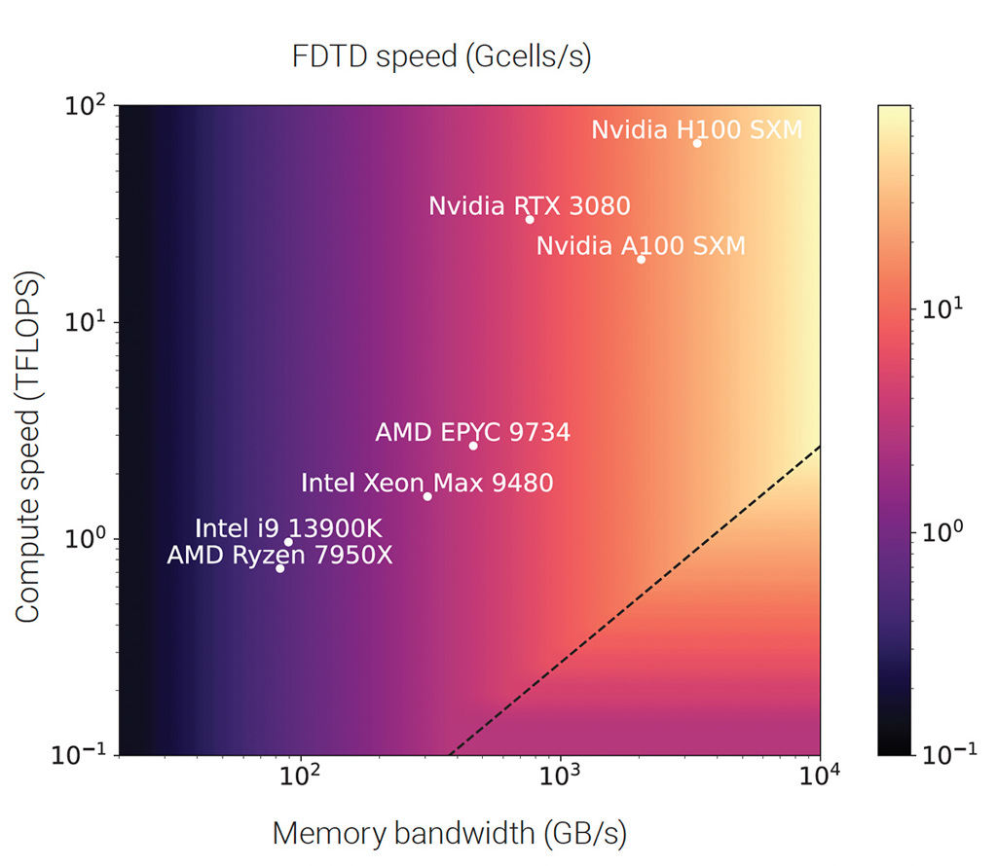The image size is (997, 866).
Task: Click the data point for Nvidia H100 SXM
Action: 697,143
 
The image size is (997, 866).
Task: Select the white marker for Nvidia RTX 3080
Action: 530,219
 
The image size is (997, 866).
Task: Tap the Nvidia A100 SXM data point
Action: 641,259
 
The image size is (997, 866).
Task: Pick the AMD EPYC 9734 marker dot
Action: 473,446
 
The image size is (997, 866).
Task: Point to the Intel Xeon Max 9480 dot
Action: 427,496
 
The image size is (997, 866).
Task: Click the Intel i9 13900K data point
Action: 288,542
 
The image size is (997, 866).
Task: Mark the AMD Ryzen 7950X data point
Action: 280,568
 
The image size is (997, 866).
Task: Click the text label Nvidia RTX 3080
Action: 530,206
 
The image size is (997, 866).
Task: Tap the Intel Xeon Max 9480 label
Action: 427,483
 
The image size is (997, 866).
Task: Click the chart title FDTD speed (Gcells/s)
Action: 442,57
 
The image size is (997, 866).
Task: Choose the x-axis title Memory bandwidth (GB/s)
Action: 450,833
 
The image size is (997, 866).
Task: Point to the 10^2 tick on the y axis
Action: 88,105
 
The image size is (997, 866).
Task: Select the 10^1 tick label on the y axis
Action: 88,322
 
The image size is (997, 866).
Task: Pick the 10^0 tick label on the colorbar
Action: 941,531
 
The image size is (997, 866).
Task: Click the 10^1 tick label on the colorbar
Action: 941,308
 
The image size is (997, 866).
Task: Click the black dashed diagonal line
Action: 633,601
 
